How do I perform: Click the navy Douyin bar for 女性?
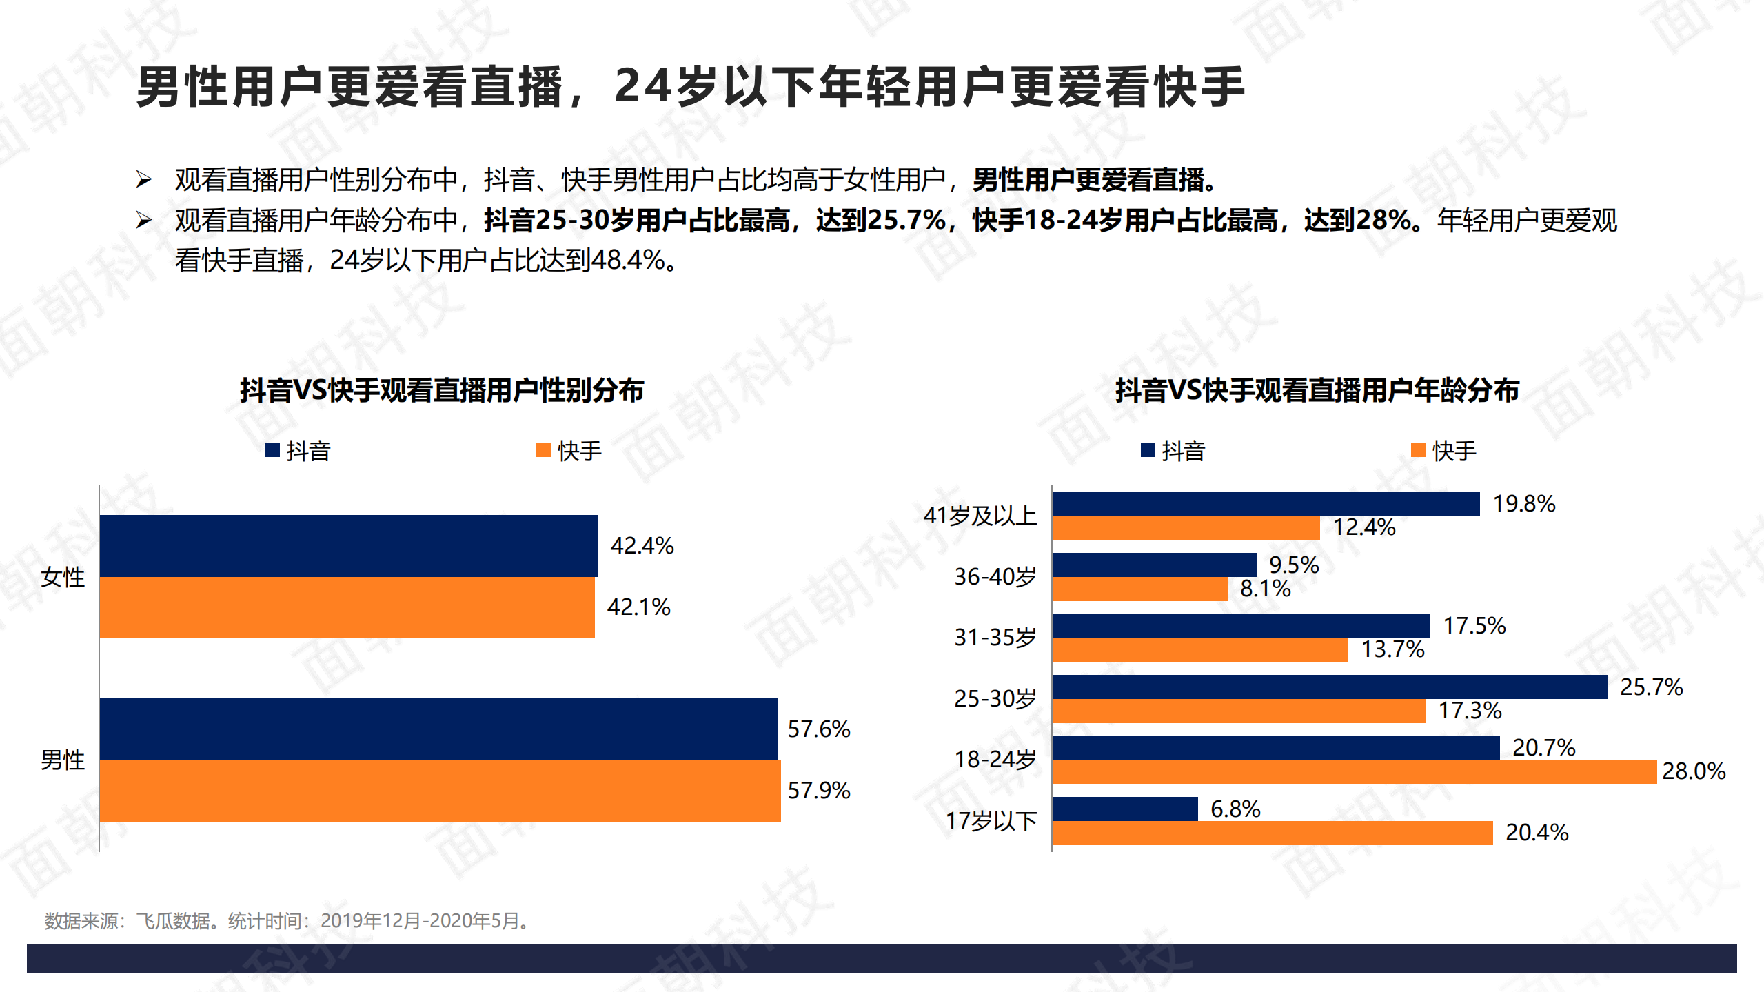point(348,545)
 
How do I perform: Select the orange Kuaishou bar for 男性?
point(440,791)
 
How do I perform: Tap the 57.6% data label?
point(818,729)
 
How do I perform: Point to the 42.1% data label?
point(638,607)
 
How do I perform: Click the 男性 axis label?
point(62,760)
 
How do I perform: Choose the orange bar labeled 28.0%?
point(1354,771)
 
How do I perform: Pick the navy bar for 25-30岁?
point(1329,687)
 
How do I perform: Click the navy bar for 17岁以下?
point(1125,809)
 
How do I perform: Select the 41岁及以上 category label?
point(980,515)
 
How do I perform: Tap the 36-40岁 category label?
point(995,576)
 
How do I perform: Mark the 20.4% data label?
point(1537,832)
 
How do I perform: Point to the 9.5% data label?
point(1293,565)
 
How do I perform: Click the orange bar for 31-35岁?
point(1199,649)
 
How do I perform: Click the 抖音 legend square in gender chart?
point(272,450)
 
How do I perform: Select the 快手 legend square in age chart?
point(1418,450)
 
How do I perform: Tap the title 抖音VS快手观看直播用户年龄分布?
point(1317,390)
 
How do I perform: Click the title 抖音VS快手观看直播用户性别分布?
point(441,390)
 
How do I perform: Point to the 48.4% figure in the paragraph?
point(627,260)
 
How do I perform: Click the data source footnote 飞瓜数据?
point(172,920)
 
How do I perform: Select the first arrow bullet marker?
point(143,180)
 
